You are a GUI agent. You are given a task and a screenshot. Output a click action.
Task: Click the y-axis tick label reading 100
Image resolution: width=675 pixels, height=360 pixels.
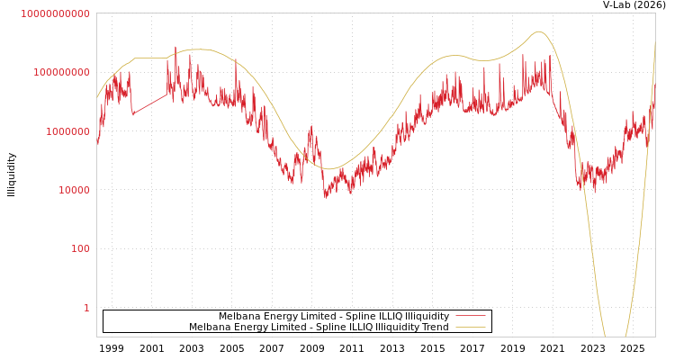pos(80,248)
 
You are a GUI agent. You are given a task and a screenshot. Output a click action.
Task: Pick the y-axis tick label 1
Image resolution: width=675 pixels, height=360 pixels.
pos(86,308)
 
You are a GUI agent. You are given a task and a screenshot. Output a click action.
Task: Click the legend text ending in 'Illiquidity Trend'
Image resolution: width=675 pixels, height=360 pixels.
pos(319,328)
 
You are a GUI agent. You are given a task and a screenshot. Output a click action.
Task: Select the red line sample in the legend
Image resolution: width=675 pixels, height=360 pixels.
pos(470,317)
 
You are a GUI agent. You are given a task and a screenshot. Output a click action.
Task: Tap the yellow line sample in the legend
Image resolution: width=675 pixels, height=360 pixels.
pos(470,328)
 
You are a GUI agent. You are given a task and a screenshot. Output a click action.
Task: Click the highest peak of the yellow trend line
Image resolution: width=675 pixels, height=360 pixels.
pos(539,31)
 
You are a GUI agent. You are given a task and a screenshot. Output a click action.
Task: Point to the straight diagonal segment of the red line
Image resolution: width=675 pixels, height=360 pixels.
pos(149,104)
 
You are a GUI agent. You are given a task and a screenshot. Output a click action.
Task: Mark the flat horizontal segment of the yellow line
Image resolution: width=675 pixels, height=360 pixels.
pos(150,58)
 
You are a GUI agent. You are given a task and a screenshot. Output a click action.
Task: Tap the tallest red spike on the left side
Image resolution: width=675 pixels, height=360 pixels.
pos(175,48)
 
